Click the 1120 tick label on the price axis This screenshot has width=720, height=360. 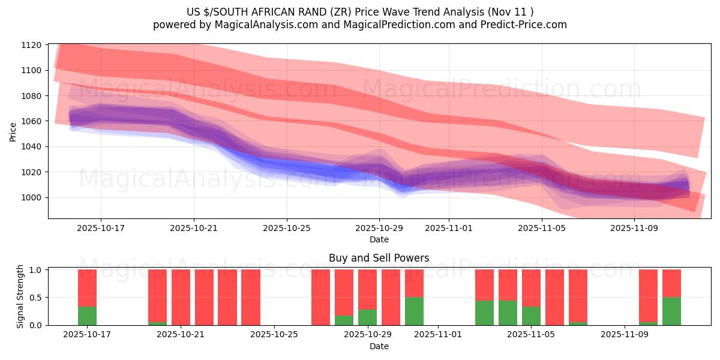[31, 45]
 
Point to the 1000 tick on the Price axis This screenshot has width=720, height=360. [31, 197]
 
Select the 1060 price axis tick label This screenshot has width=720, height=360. [31, 121]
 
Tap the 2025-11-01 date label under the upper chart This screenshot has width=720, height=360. [449, 228]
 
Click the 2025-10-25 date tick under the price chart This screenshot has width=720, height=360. [286, 228]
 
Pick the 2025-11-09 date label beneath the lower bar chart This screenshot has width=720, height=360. [625, 335]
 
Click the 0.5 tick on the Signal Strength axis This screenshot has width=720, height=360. [36, 298]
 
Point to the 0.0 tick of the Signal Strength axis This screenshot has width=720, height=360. [36, 325]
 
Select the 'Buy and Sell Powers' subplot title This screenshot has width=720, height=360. [379, 259]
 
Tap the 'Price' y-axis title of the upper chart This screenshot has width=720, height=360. [13, 131]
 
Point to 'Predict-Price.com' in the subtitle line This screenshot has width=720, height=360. [528, 25]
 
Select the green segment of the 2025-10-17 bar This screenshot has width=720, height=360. [87, 316]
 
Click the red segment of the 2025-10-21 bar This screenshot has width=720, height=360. [181, 297]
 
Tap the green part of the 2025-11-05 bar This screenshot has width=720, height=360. [531, 316]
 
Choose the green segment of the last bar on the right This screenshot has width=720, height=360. [671, 311]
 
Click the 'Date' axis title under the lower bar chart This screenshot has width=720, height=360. [379, 346]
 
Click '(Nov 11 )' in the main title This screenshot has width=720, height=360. [509, 12]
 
